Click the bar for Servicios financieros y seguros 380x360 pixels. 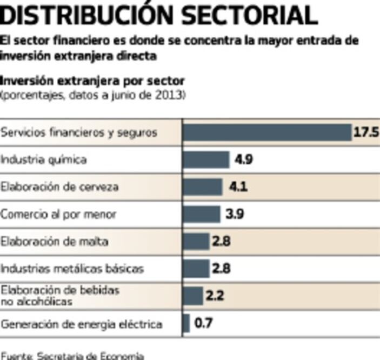[267, 132]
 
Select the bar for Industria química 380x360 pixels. [206, 159]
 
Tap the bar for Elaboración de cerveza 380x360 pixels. [203, 187]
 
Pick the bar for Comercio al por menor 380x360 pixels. [202, 214]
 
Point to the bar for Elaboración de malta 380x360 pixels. [196, 241]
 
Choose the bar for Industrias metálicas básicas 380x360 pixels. [196, 268]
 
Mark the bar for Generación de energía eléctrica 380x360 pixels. [186, 324]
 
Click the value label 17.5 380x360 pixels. [366, 132]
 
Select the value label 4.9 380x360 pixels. [243, 159]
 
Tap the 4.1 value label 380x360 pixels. [238, 187]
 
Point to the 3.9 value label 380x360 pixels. [235, 214]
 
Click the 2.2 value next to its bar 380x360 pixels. [214, 296]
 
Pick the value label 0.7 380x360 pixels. [203, 324]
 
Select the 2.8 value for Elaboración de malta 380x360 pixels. [221, 241]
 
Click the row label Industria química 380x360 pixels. [43, 160]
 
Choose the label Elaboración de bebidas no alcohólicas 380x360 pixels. [59, 296]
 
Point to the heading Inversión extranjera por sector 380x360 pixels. [92, 81]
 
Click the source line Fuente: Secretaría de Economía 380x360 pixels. [72, 355]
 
